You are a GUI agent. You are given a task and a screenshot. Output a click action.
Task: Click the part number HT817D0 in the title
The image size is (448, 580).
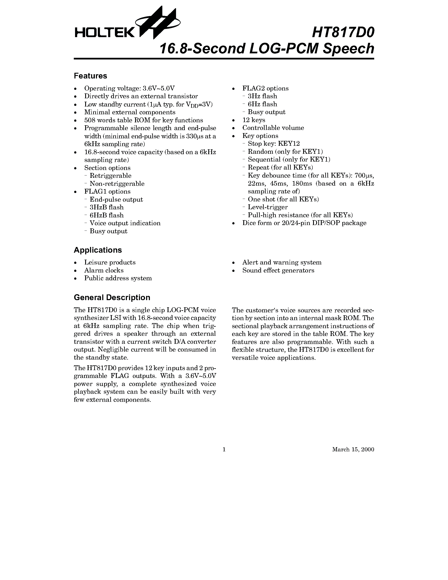pyautogui.click(x=343, y=32)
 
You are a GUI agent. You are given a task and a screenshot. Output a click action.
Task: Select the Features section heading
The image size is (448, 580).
pyautogui.click(x=90, y=76)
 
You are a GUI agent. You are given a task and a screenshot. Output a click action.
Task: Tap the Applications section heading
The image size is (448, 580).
pyautogui.click(x=98, y=250)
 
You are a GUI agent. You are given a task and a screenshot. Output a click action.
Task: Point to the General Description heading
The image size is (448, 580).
pyautogui.click(x=112, y=297)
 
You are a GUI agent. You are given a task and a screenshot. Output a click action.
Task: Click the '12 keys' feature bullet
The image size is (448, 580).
pyautogui.click(x=253, y=120)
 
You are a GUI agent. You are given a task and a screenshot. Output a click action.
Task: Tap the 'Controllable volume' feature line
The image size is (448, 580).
pyautogui.click(x=273, y=128)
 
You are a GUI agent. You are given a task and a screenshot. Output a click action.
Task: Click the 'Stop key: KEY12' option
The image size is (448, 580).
pyautogui.click(x=273, y=144)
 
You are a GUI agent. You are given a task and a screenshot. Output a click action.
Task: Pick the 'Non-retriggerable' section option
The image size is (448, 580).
pyautogui.click(x=117, y=184)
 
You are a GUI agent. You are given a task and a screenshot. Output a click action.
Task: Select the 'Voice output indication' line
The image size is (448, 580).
pyautogui.click(x=125, y=223)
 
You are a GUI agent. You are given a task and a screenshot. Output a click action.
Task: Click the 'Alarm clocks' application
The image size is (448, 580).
pyautogui.click(x=104, y=270)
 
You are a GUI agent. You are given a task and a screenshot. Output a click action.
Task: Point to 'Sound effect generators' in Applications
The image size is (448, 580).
pyautogui.click(x=278, y=270)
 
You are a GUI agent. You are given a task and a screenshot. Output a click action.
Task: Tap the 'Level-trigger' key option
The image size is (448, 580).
pyautogui.click(x=268, y=207)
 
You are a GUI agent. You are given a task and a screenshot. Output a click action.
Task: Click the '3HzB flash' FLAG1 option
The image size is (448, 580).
pyautogui.click(x=106, y=207)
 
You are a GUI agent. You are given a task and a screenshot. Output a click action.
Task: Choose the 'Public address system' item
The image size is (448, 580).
pyautogui.click(x=118, y=278)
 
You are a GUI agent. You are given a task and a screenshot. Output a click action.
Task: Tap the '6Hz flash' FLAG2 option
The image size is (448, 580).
pyautogui.click(x=262, y=104)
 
